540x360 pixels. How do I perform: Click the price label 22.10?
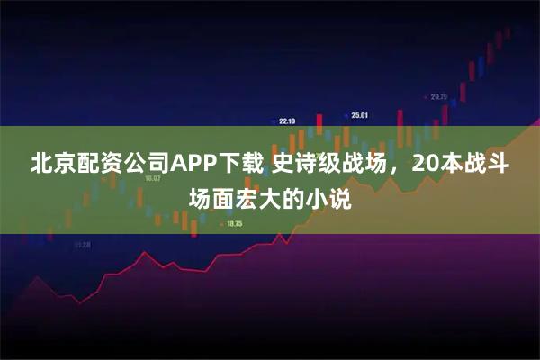288,121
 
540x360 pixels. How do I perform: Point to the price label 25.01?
361,115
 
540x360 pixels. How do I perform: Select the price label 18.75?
235,224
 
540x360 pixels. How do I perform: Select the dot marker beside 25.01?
346,114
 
